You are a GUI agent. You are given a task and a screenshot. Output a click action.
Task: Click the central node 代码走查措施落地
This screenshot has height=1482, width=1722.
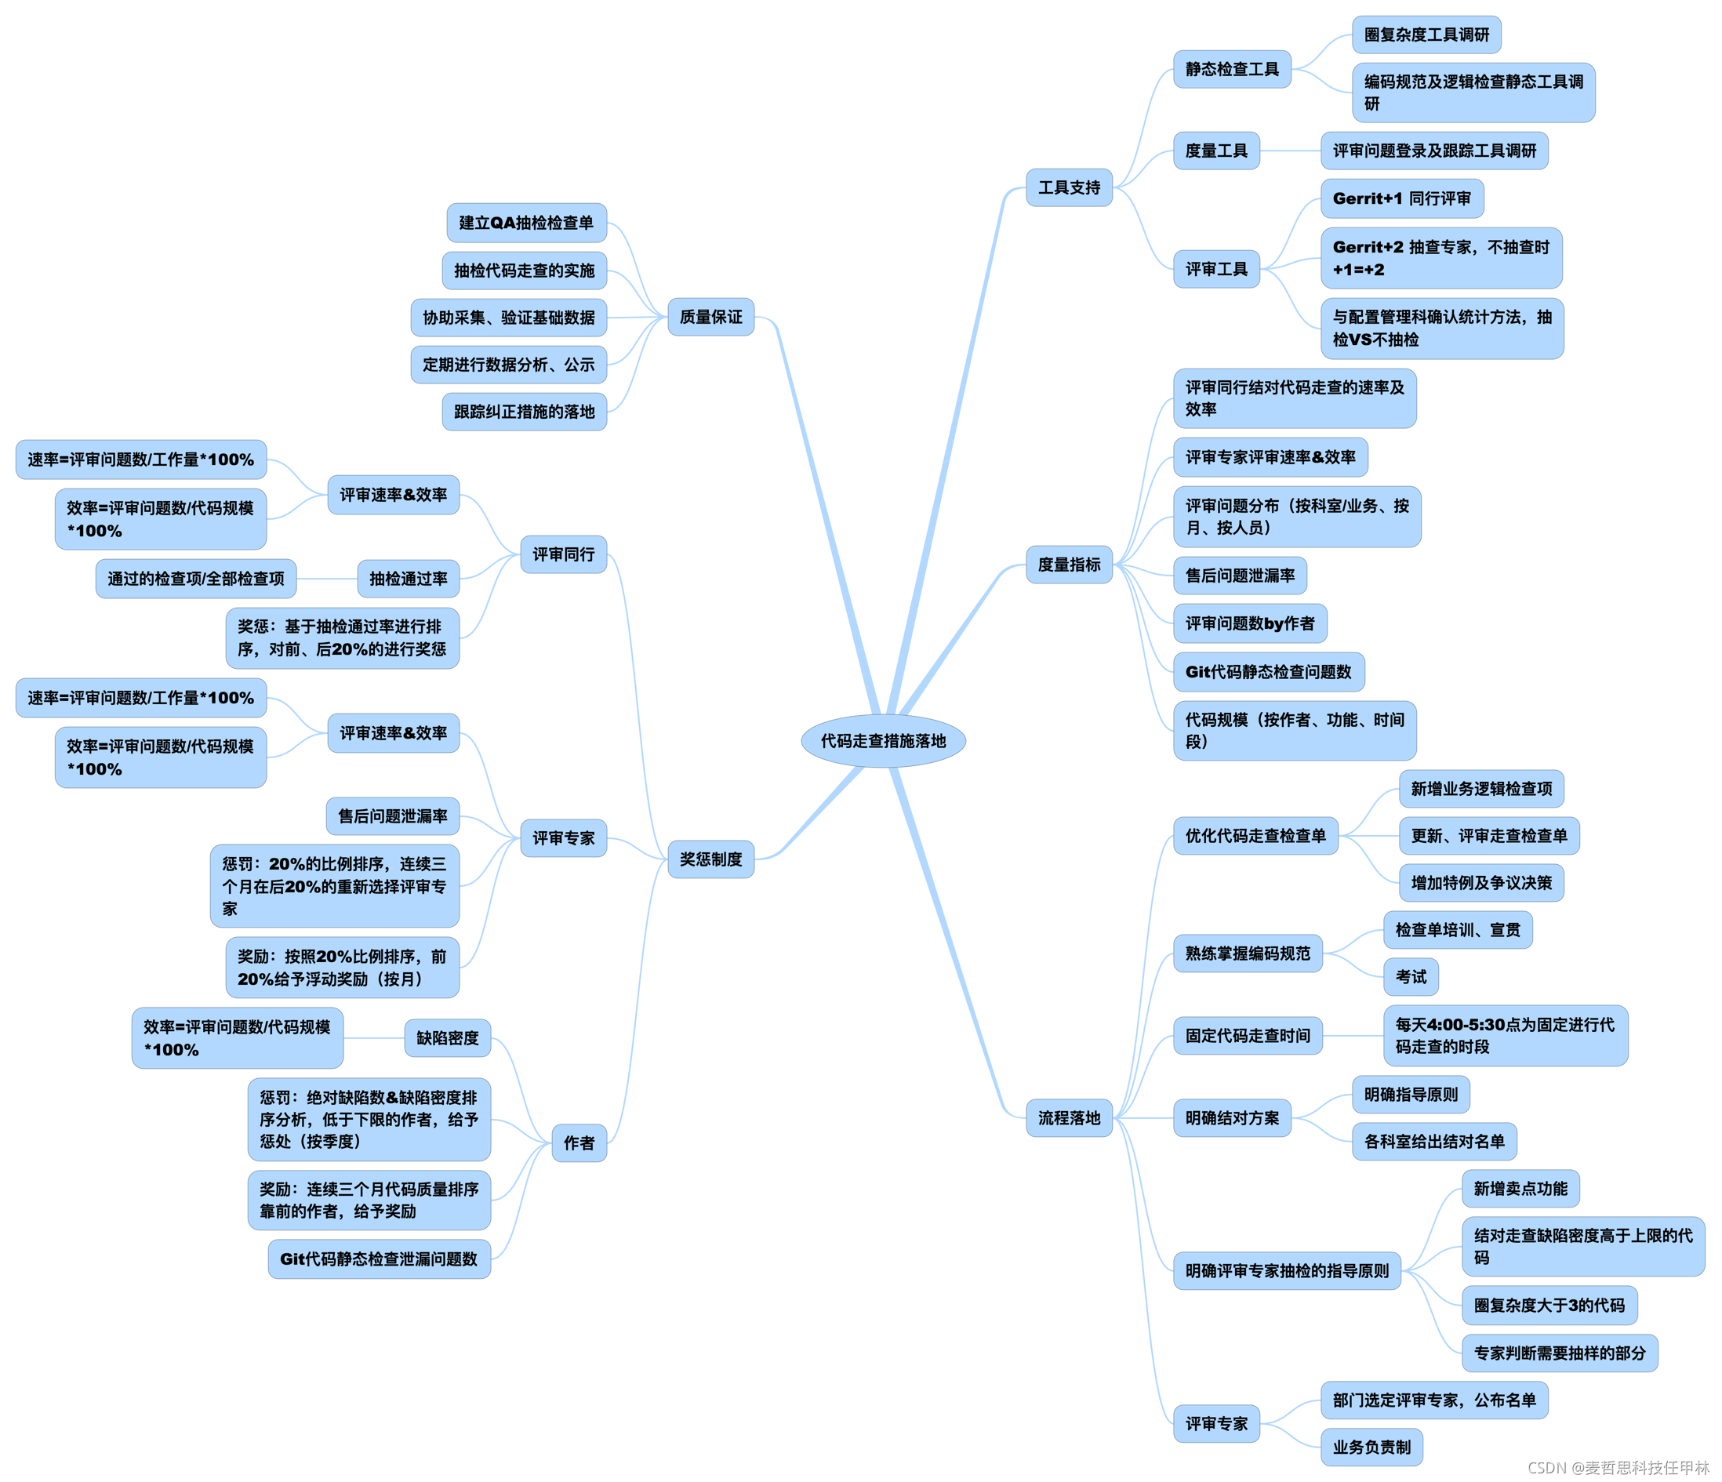click(883, 740)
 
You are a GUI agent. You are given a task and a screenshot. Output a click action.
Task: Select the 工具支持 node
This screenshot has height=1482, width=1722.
click(1069, 188)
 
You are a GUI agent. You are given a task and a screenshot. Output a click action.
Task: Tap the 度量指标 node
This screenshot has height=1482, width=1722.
click(1069, 565)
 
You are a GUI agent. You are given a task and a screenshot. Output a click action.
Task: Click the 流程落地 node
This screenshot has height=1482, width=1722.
click(1069, 1118)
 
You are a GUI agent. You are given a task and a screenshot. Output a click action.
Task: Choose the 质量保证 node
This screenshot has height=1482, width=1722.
click(710, 317)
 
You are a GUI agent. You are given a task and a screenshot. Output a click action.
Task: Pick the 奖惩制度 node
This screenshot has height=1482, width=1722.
click(710, 859)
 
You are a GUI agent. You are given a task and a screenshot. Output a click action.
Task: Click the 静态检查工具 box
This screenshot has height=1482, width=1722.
click(1232, 69)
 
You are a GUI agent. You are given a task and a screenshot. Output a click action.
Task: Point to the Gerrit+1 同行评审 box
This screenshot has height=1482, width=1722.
click(1401, 198)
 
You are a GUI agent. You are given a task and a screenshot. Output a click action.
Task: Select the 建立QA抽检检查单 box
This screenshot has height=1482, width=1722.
click(526, 223)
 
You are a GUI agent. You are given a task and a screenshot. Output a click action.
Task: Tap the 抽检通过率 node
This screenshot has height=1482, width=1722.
click(408, 579)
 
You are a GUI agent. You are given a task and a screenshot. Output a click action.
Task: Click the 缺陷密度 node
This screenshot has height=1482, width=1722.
click(447, 1038)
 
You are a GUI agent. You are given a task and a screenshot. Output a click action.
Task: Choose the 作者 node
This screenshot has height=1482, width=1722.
click(579, 1143)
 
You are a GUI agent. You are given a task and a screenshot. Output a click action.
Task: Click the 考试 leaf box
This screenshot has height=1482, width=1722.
click(1411, 977)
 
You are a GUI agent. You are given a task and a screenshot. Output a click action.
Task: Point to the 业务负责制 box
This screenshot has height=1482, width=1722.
click(1371, 1447)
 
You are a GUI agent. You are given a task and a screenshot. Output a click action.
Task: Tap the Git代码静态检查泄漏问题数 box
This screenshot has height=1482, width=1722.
click(379, 1259)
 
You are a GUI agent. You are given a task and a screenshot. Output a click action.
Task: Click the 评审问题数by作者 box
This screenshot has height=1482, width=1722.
click(1250, 623)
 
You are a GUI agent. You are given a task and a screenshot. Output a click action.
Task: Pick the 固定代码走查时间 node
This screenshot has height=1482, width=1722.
click(1248, 1036)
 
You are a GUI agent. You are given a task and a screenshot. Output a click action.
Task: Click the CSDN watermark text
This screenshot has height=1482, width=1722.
click(1617, 1467)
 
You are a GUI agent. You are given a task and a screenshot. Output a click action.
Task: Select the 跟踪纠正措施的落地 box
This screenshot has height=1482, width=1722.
click(525, 412)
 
